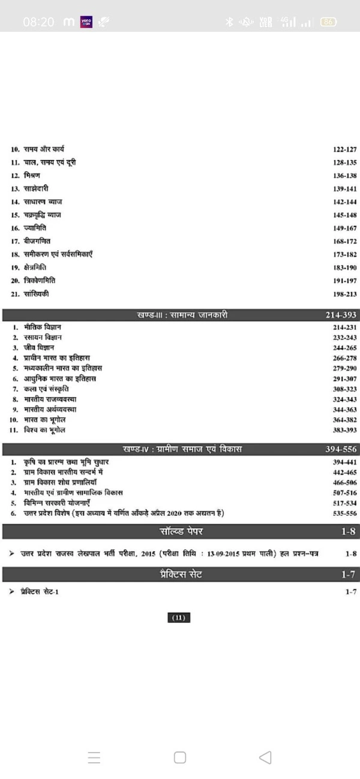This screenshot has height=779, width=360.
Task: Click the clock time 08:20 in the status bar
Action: pyautogui.click(x=38, y=22)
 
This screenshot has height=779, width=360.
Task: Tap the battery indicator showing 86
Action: pyautogui.click(x=328, y=22)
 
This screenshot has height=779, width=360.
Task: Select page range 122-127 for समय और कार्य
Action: pyautogui.click(x=344, y=149)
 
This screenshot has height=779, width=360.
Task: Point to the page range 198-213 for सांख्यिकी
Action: pyautogui.click(x=344, y=294)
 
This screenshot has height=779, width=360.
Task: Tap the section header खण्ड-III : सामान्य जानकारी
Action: pyautogui.click(x=182, y=315)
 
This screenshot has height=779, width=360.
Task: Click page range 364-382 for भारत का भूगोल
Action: pyautogui.click(x=344, y=420)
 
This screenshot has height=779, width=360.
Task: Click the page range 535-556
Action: pyautogui.click(x=344, y=513)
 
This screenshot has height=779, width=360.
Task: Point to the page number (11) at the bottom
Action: pyautogui.click(x=180, y=618)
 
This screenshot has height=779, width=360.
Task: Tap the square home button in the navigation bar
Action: pyautogui.click(x=180, y=757)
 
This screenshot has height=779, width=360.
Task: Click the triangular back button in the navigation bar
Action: pyautogui.click(x=265, y=757)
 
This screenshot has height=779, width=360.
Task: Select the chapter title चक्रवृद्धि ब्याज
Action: pyautogui.click(x=43, y=215)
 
